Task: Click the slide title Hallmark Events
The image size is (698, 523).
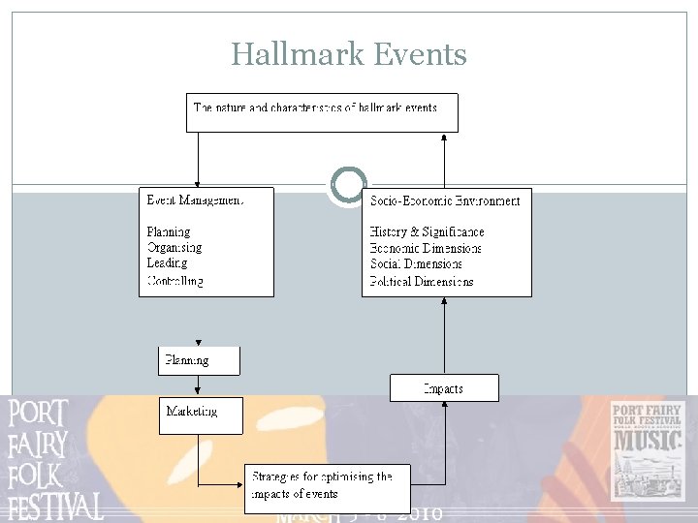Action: pos(349,55)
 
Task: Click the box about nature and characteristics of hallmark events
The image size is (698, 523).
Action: pos(321,111)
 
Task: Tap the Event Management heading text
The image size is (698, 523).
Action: pos(195,200)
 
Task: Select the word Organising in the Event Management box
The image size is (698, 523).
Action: pos(174,248)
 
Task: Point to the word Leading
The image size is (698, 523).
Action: pos(167,263)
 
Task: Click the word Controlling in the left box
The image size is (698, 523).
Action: pos(175,281)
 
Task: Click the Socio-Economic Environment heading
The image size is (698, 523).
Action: pos(445,200)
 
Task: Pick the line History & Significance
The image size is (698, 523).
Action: pos(427,232)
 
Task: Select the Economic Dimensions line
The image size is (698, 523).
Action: pos(426,248)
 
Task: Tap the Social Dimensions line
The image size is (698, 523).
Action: pos(416,264)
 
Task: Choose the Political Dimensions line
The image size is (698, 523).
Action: pos(422,281)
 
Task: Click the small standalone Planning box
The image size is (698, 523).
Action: pos(199,360)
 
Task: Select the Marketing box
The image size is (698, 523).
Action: pos(201,415)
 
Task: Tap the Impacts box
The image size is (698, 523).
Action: pos(444,388)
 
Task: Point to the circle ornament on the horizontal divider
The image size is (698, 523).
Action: pos(348,185)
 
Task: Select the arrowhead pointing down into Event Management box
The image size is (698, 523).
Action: pos(198,182)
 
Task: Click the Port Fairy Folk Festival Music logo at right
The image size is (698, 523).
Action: pos(647,450)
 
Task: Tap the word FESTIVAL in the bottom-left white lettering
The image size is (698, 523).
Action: pos(55,507)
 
